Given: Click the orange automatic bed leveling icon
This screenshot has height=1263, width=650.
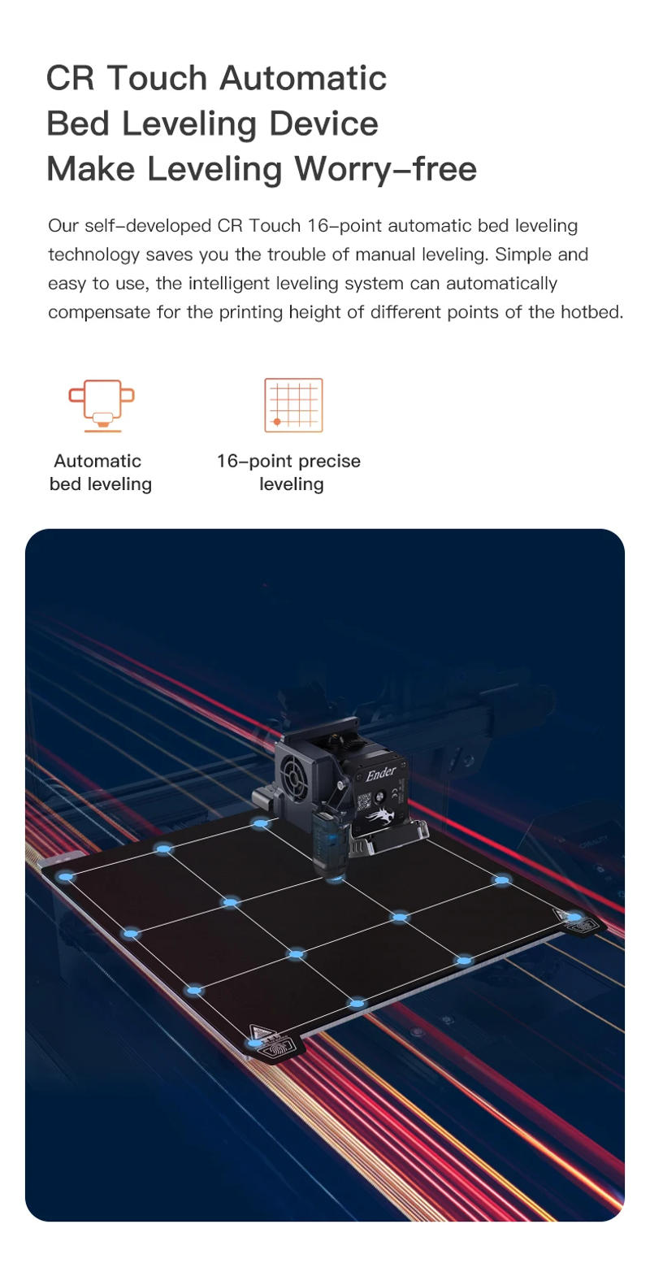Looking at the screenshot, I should point(101,406).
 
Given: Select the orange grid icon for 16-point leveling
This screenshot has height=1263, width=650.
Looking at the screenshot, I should point(293,405).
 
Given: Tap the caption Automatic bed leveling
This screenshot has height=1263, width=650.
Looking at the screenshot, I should point(100,473).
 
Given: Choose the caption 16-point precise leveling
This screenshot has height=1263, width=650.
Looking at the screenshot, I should point(289,473).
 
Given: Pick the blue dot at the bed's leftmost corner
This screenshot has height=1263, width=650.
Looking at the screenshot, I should point(67,877).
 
